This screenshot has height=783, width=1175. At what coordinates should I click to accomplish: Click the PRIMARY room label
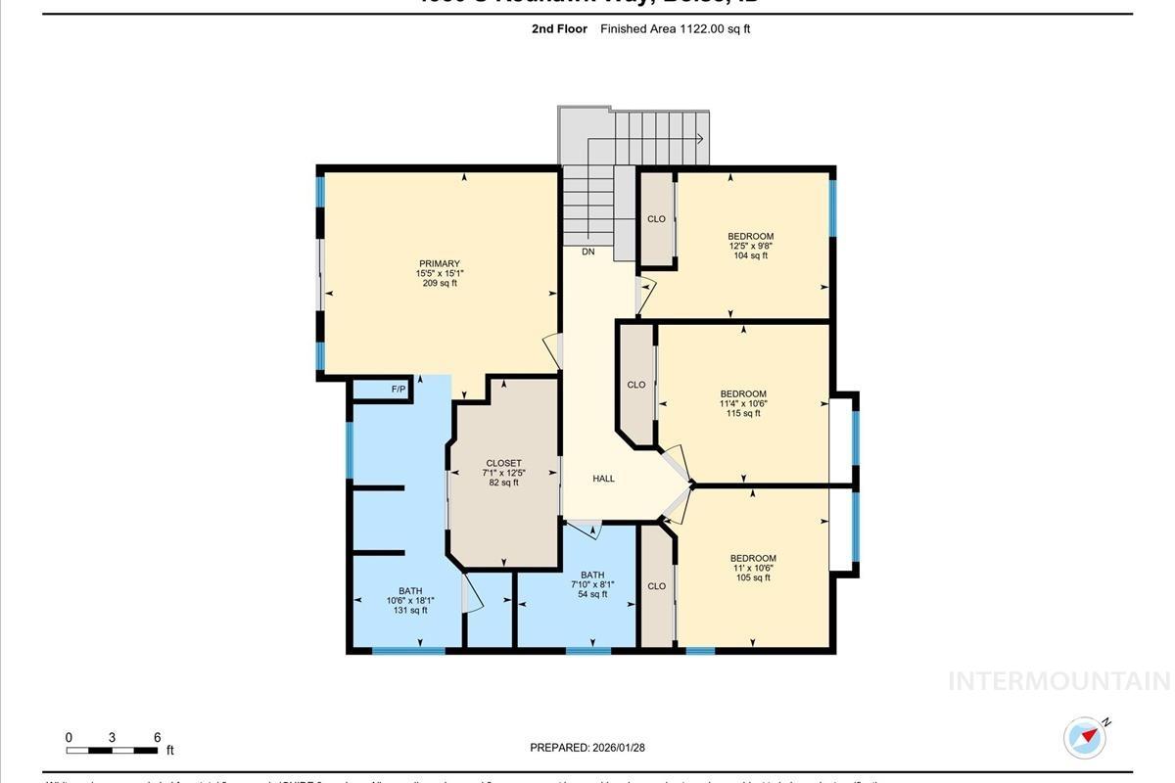(440, 263)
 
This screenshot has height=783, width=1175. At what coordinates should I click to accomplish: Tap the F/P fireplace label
(399, 390)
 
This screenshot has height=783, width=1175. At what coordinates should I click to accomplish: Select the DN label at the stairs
(587, 252)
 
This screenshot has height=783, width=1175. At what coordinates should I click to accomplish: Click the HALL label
(603, 479)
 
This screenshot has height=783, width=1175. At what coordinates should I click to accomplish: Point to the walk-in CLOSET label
(503, 463)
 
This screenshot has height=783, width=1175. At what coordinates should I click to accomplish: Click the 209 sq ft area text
(440, 284)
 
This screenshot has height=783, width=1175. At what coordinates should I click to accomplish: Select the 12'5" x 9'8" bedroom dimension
(750, 246)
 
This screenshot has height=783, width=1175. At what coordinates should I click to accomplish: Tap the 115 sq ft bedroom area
(743, 413)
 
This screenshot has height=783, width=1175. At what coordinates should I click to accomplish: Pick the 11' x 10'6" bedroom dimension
(752, 568)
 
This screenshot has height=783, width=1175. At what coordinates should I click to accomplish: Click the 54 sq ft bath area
(591, 594)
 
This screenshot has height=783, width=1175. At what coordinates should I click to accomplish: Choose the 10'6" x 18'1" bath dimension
(410, 600)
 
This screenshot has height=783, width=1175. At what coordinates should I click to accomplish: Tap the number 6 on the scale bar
(157, 737)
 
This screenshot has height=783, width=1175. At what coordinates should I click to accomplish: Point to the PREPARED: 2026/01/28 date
(587, 748)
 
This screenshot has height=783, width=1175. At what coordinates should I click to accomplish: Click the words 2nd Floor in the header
(559, 29)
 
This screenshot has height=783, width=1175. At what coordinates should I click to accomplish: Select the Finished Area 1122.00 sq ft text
(675, 29)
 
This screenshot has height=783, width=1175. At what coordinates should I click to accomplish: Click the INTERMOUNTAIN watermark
(1059, 681)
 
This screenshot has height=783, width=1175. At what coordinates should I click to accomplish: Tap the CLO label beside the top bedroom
(656, 219)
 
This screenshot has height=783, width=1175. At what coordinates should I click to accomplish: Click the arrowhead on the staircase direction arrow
(701, 139)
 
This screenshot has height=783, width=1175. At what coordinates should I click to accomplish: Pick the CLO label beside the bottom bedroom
(656, 586)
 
